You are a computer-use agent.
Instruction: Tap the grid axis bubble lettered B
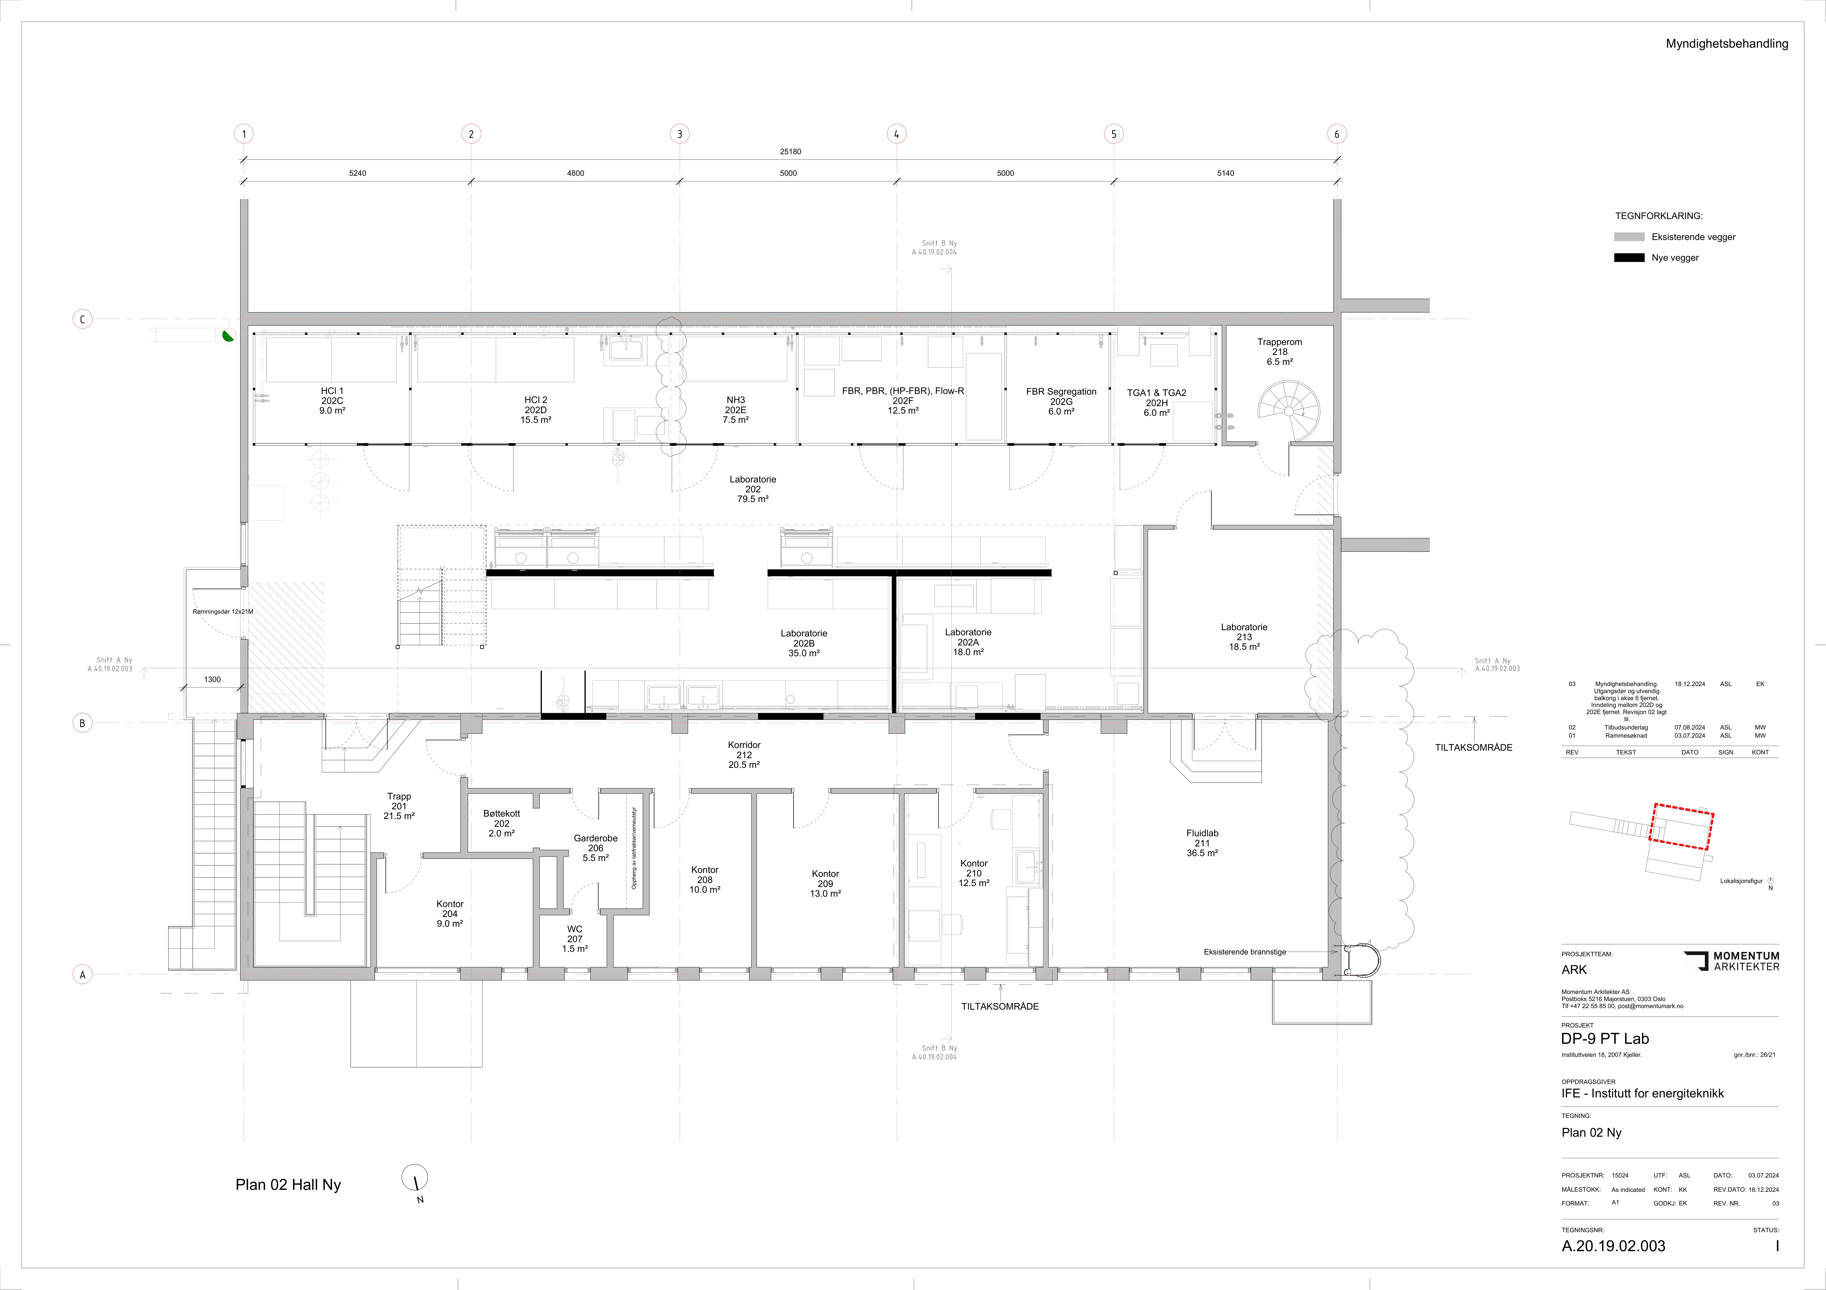tap(82, 723)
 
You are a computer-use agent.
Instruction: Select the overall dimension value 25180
tap(790, 151)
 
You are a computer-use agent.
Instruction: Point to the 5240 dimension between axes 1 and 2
tap(358, 172)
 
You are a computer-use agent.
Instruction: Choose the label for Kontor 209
tap(826, 884)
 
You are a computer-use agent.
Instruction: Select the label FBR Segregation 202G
tap(1061, 402)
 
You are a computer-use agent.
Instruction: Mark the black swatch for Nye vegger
tap(1629, 258)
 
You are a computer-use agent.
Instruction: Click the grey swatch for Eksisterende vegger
tap(1629, 237)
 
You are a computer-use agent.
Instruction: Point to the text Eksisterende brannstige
tap(1245, 951)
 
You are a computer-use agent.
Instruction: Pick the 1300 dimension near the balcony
tap(212, 679)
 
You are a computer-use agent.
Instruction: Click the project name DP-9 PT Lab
tap(1605, 1039)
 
